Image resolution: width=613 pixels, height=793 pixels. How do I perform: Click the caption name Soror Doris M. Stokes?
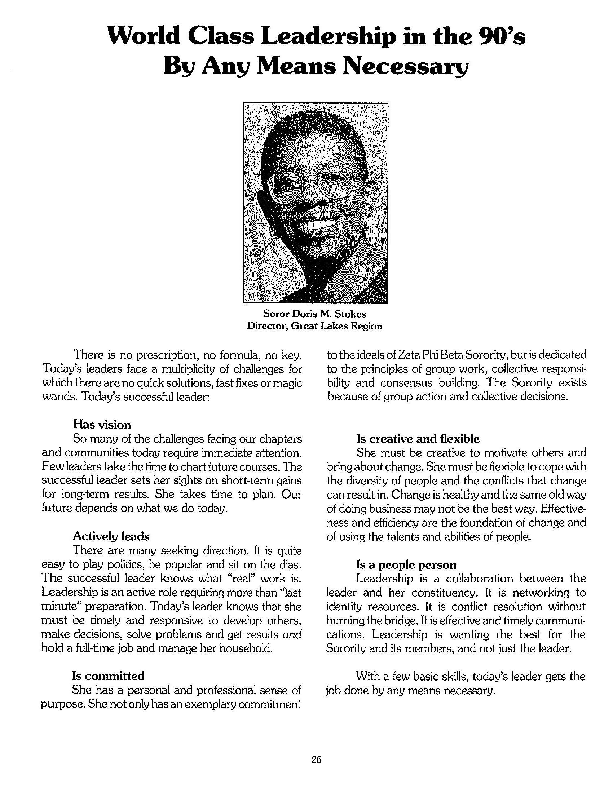coord(314,313)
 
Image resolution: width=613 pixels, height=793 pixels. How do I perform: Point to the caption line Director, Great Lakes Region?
coord(314,326)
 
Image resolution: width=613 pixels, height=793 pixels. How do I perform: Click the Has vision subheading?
coord(102,425)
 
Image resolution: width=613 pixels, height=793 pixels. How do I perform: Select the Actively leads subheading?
coord(111,536)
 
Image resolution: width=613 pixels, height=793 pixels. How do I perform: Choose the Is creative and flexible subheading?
coord(418,439)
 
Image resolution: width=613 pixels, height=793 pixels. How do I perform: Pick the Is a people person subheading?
coord(406,564)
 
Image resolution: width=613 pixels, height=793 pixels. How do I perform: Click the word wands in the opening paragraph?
coord(58,396)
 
